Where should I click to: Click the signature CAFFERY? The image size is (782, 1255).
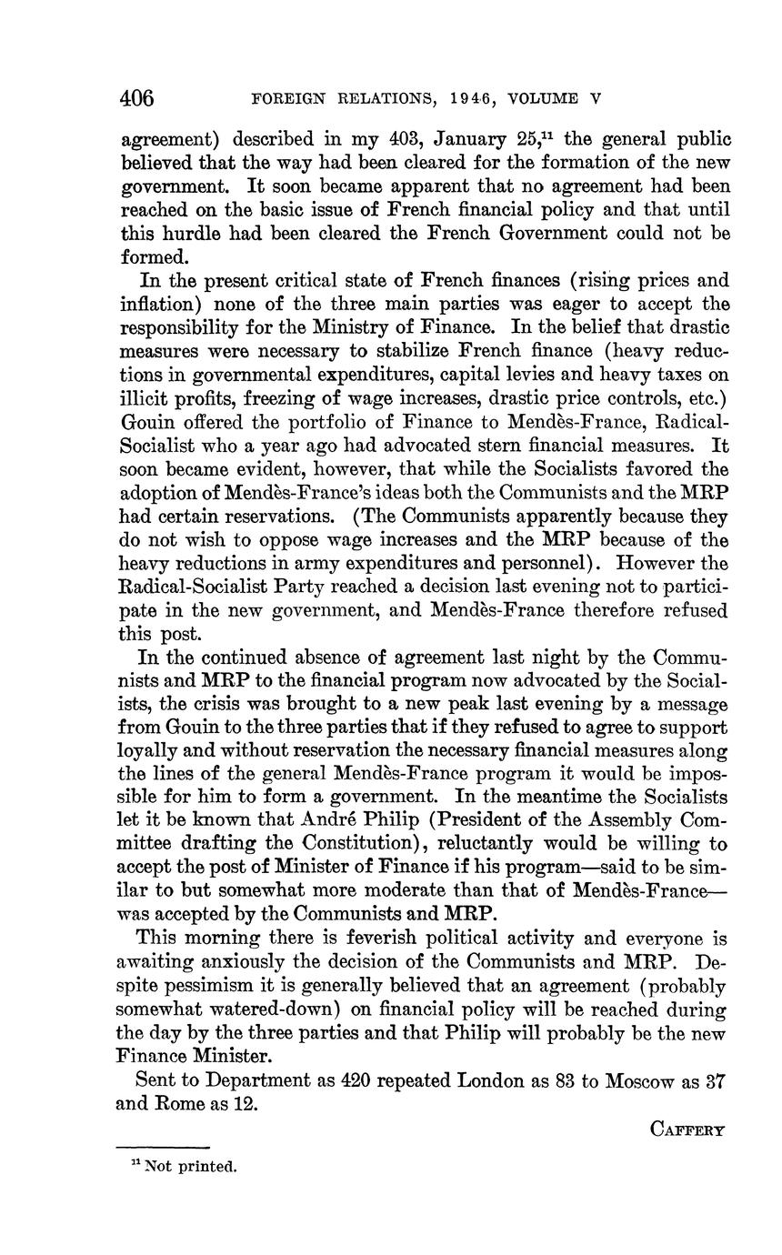[687, 1129]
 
